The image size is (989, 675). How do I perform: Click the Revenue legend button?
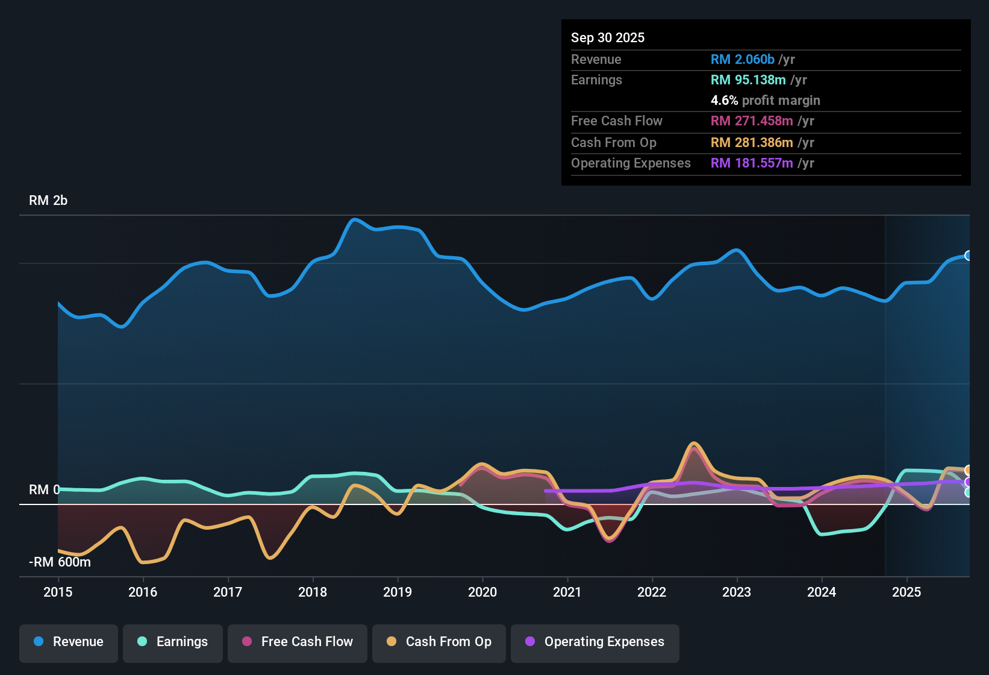69,642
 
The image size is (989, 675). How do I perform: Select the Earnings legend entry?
173,642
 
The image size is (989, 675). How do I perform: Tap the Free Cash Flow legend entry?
298,642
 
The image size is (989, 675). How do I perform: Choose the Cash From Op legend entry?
439,642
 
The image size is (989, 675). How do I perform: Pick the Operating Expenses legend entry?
595,642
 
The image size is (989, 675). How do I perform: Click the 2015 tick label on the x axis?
58,592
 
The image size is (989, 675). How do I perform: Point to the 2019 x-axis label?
398,592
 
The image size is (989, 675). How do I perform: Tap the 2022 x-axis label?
652,592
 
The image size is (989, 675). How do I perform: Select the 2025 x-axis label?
906,592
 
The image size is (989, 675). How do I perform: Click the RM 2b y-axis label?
48,201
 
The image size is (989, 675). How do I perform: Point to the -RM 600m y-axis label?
60,562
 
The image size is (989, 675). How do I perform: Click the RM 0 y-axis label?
44,490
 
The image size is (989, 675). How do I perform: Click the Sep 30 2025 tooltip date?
608,37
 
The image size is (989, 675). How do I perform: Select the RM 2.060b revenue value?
742,59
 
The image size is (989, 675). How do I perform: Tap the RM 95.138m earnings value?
748,80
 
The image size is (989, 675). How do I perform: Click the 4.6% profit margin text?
765,101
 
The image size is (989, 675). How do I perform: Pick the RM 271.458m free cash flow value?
752,121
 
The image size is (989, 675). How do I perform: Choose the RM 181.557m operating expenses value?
752,163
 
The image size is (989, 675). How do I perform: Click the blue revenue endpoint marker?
968,256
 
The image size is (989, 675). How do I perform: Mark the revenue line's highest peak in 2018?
354,219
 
